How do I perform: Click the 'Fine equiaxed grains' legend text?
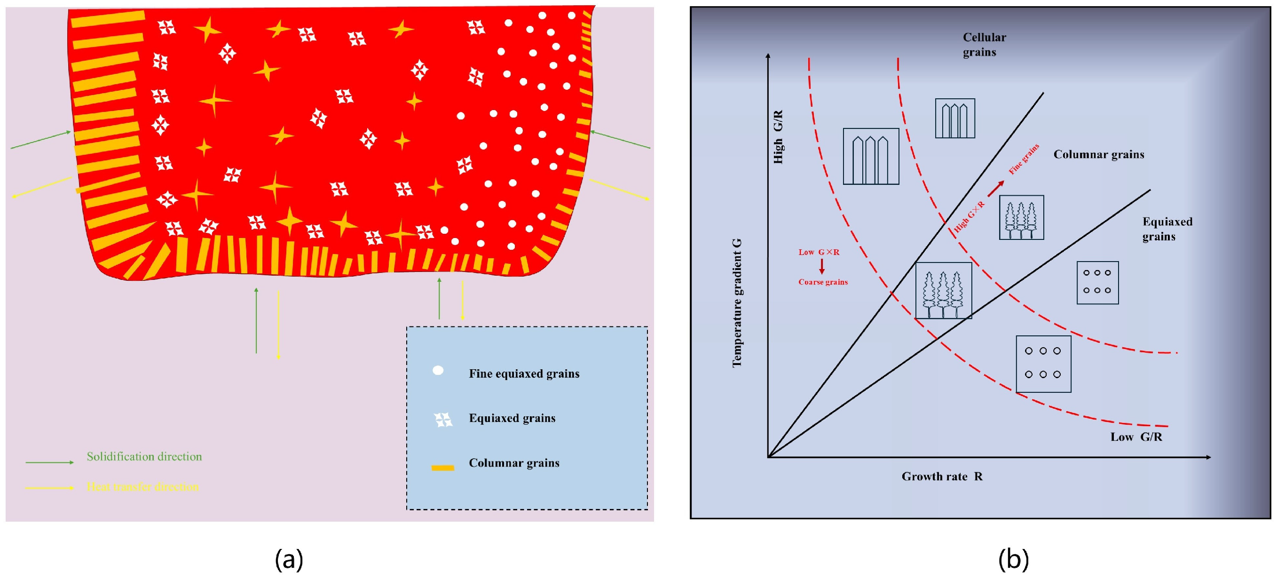pyautogui.click(x=523, y=373)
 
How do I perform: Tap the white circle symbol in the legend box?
pyautogui.click(x=438, y=371)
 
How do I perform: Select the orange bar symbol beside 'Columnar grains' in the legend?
pyautogui.click(x=443, y=468)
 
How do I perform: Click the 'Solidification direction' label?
pyautogui.click(x=144, y=456)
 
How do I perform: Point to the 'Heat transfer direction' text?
pyautogui.click(x=143, y=487)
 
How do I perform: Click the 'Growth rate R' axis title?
pyautogui.click(x=941, y=477)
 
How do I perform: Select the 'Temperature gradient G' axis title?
pyautogui.click(x=737, y=302)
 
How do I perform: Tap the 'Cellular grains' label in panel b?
pyautogui.click(x=984, y=45)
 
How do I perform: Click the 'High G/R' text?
pyautogui.click(x=778, y=137)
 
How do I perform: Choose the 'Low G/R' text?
pyautogui.click(x=1136, y=437)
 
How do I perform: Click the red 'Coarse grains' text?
pyautogui.click(x=823, y=282)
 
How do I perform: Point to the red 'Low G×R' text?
pyautogui.click(x=819, y=252)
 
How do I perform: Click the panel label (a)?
pyautogui.click(x=289, y=559)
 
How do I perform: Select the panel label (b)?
pyautogui.click(x=1013, y=559)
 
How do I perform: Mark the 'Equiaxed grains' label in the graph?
pyautogui.click(x=1167, y=229)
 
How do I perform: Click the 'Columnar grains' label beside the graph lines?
pyautogui.click(x=1098, y=154)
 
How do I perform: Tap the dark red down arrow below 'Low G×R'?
pyautogui.click(x=821, y=266)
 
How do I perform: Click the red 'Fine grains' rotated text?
pyautogui.click(x=1024, y=159)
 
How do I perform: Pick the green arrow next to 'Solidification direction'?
pyautogui.click(x=49, y=462)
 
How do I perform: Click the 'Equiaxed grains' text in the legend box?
pyautogui.click(x=512, y=418)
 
